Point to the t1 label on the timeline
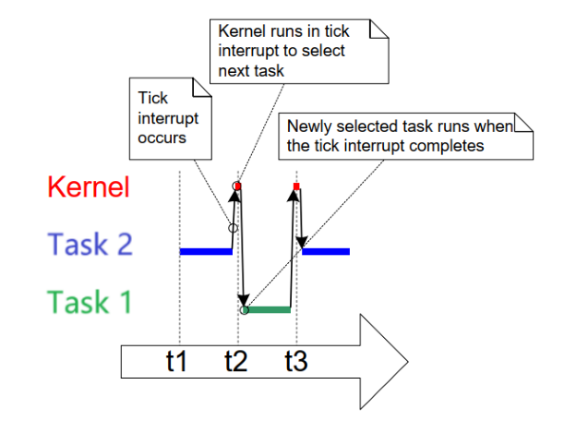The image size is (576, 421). tap(176, 361)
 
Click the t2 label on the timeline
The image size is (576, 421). tap(237, 361)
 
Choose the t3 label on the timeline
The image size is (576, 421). tap(295, 361)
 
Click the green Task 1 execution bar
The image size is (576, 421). tap(269, 310)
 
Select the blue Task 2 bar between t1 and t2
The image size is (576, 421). tap(205, 251)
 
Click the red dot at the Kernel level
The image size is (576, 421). tap(237, 186)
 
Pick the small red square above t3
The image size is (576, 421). tap(296, 187)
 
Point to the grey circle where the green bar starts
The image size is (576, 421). tap(244, 310)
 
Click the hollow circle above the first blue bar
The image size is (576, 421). tap(233, 227)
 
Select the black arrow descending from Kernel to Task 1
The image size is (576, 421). tap(241, 249)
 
